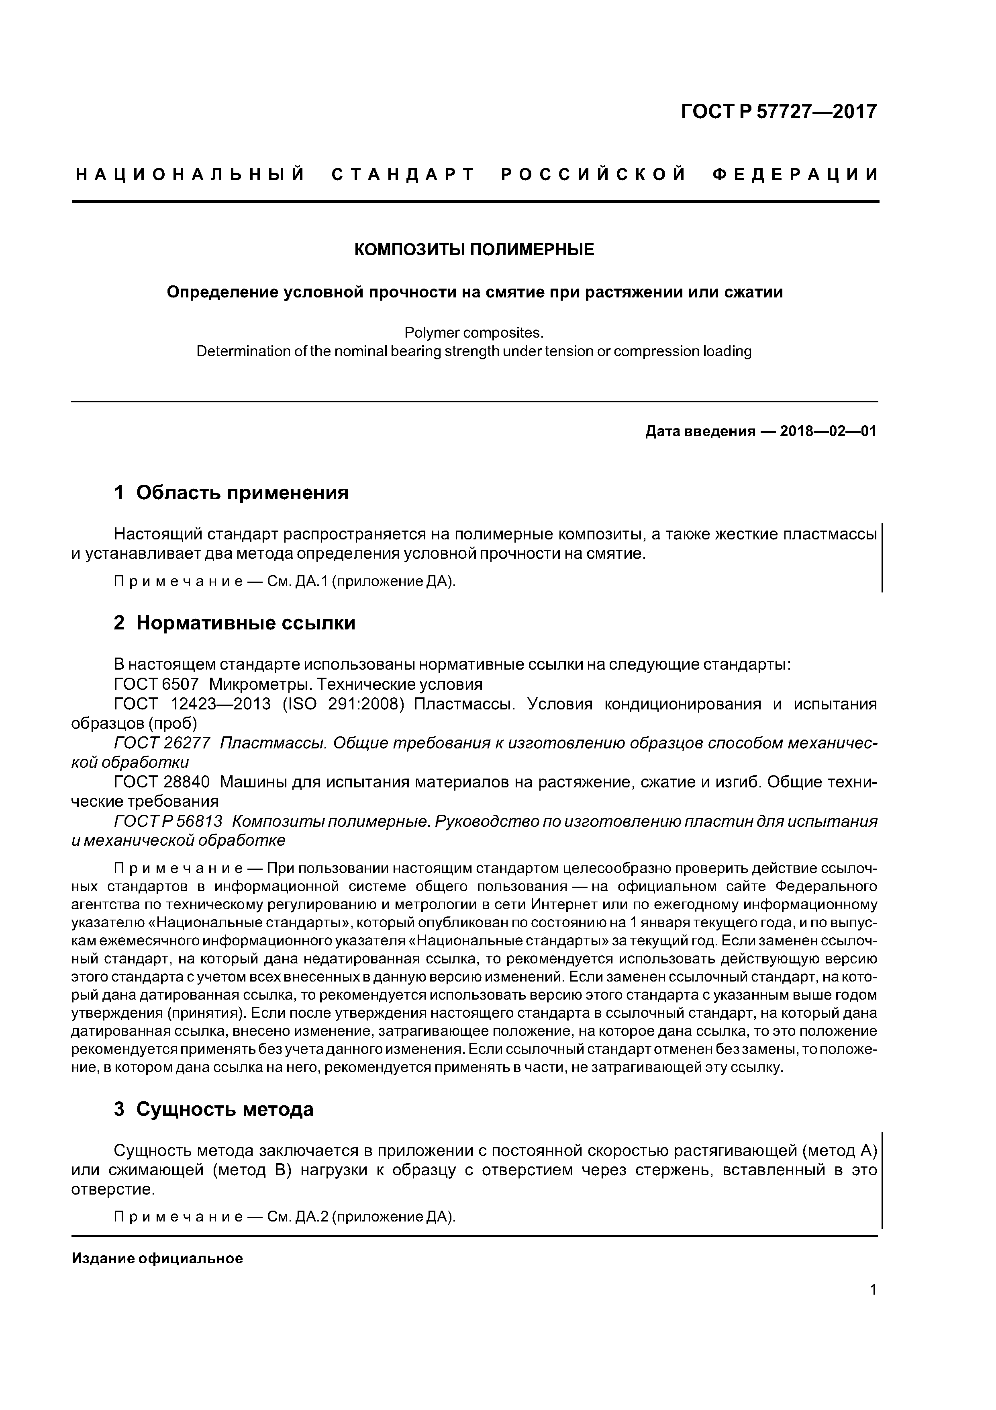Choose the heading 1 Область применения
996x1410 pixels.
click(231, 492)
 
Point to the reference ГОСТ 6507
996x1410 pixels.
click(157, 684)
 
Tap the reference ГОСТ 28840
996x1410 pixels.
click(162, 783)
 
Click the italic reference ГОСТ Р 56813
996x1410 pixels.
click(168, 822)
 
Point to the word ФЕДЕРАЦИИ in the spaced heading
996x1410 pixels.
click(796, 175)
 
